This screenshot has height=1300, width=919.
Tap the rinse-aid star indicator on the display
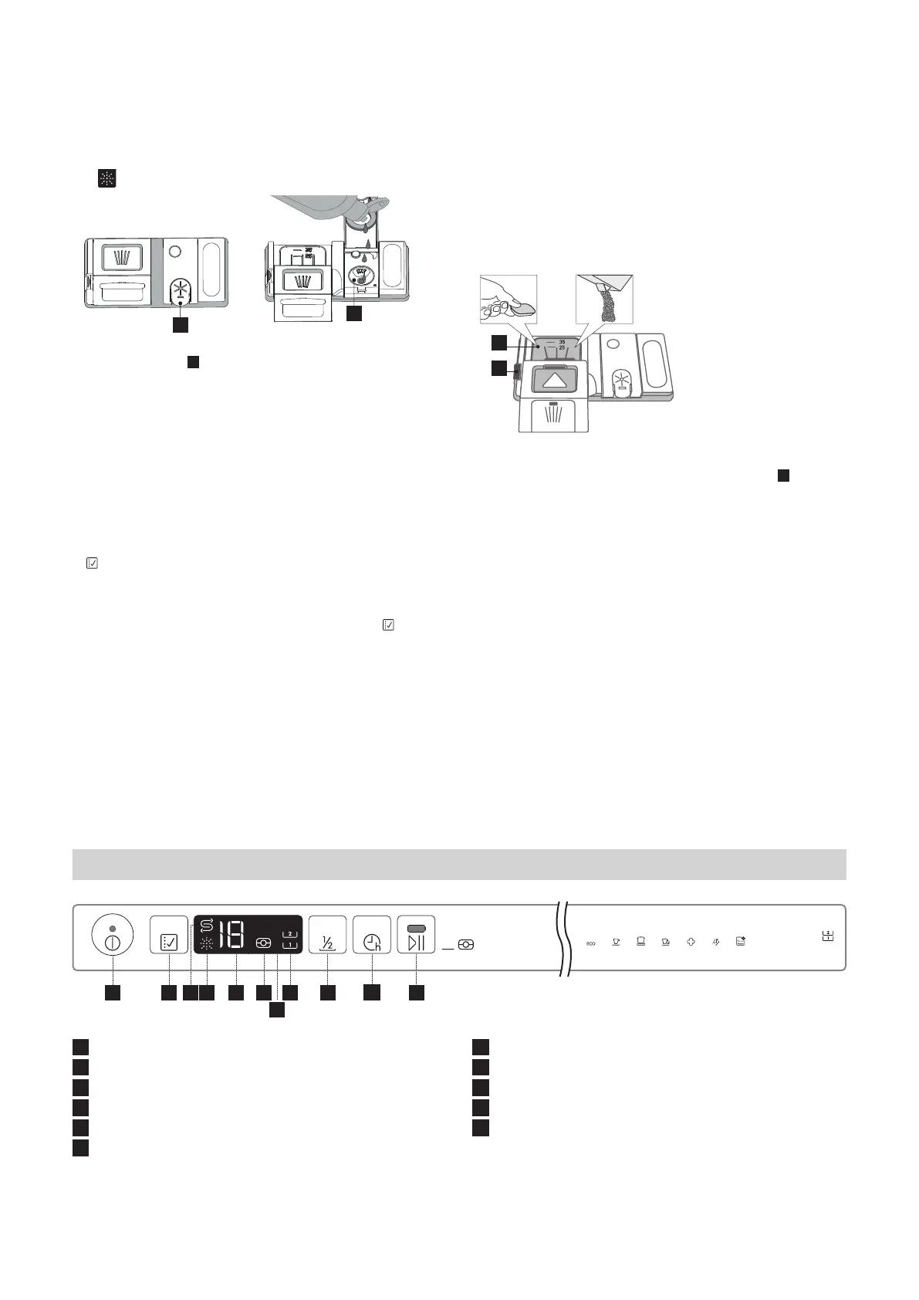point(206,944)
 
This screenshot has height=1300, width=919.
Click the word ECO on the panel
point(591,943)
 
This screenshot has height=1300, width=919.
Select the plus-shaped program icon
point(691,942)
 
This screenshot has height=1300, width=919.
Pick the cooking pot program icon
point(640,942)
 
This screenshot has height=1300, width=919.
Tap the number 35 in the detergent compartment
point(563,341)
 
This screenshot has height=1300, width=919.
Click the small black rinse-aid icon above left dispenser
point(106,180)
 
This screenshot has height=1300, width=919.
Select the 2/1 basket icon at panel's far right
point(827,936)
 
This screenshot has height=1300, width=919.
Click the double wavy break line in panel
point(567,938)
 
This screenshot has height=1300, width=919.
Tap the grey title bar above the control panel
point(459,865)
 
